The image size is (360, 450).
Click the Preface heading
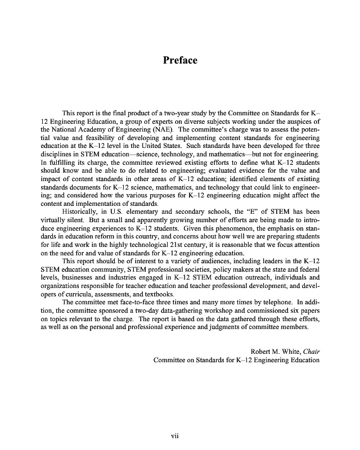(x=180, y=60)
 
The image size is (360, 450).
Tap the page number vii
(x=179, y=434)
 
